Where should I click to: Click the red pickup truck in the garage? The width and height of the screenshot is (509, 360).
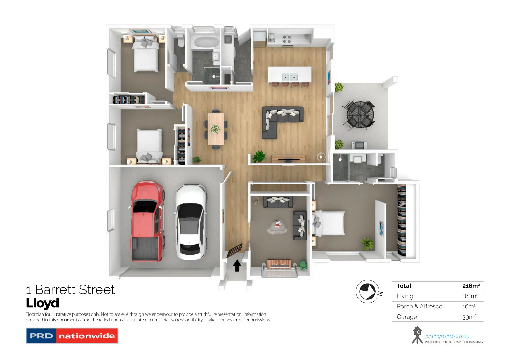point(147,221)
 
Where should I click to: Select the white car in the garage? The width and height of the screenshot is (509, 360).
point(190,221)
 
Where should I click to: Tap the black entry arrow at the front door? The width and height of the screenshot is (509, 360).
point(237,266)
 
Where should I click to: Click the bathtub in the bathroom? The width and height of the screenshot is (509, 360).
point(206,42)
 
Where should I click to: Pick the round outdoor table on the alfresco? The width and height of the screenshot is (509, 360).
point(360,114)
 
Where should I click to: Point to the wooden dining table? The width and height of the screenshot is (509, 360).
point(216,129)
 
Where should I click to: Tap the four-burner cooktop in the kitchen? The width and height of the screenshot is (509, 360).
point(287,39)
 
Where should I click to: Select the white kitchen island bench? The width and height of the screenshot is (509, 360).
point(289,74)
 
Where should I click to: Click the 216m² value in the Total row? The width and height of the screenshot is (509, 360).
point(471,286)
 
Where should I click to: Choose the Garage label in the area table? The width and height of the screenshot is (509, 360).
point(407,317)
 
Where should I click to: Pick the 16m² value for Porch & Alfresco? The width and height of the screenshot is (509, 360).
point(469,306)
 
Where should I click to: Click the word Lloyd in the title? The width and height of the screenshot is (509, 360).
point(43,303)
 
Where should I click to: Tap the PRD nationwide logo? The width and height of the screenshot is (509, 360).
point(72,336)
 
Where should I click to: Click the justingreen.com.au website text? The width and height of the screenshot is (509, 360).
point(447,336)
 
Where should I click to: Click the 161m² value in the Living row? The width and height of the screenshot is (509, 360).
point(470,296)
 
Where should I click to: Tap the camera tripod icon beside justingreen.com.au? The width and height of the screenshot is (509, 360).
point(417,335)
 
